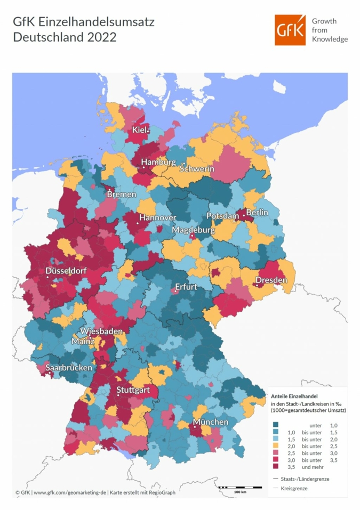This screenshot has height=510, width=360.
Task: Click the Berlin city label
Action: [257, 213]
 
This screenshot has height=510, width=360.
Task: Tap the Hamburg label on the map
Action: [158, 162]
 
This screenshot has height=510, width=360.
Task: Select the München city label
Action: [211, 422]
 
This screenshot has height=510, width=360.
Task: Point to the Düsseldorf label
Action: [66, 271]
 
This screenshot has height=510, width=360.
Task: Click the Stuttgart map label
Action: [134, 390]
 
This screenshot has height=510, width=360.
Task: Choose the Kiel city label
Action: [139, 130]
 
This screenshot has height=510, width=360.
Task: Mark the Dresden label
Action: [271, 280]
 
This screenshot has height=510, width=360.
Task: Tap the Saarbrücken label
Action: [69, 368]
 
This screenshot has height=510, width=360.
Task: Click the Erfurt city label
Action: [186, 287]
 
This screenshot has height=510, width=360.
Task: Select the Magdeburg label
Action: [193, 230]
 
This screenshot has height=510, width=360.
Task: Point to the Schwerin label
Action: [197, 169]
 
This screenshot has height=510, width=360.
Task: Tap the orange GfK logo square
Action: [291, 30]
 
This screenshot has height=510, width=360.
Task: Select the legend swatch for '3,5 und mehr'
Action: [276, 466]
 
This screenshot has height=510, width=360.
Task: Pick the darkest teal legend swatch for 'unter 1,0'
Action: [276, 425]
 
